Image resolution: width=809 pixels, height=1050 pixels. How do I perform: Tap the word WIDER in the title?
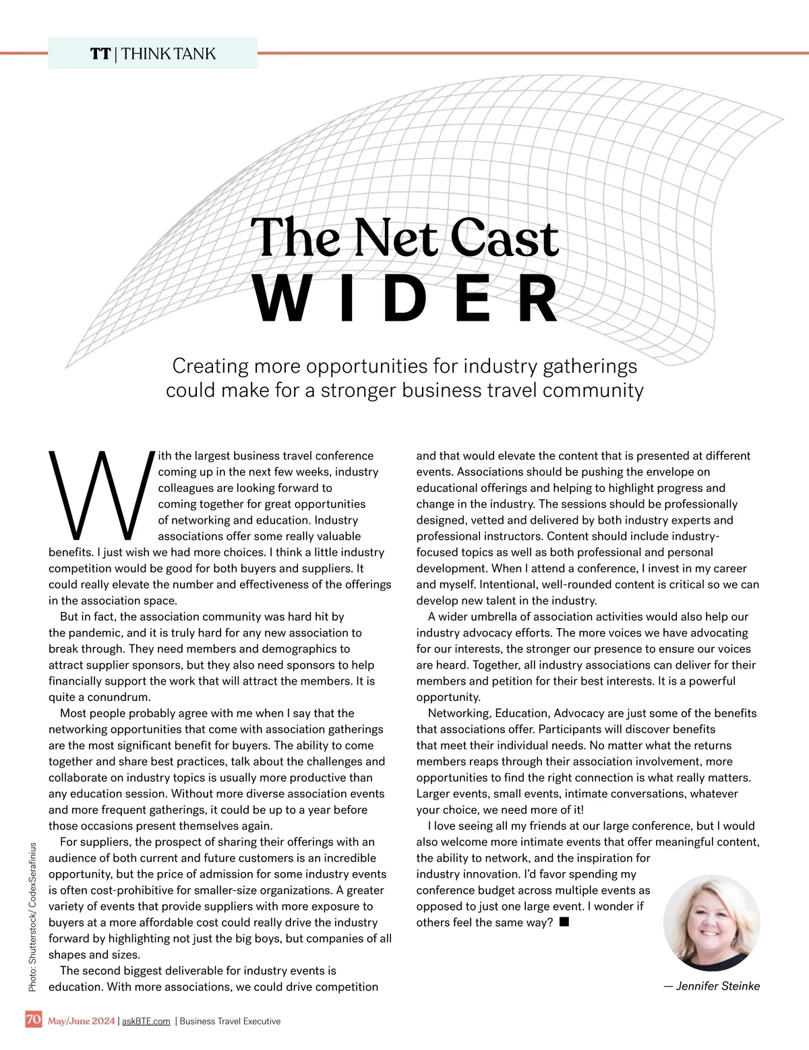coord(407,299)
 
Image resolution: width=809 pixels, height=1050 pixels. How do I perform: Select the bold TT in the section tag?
coord(100,54)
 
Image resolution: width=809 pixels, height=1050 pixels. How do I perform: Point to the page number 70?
coord(34,1020)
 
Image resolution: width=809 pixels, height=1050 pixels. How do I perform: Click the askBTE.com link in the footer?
coord(146,1021)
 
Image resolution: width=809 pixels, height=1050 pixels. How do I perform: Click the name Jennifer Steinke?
coord(717,986)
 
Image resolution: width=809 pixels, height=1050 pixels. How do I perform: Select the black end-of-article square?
coord(564,921)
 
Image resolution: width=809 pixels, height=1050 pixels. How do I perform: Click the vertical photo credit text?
coord(32,917)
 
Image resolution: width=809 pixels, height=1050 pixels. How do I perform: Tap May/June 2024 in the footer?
coord(81,1021)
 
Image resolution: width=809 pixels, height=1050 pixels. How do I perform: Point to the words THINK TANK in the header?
coord(169,54)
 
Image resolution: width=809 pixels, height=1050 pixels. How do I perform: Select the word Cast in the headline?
coord(504,238)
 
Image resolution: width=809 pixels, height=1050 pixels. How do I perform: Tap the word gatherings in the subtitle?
coord(590,366)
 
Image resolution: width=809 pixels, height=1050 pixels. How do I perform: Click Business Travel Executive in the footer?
coord(230,1021)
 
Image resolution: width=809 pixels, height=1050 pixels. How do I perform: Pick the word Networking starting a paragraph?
coord(458,713)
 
